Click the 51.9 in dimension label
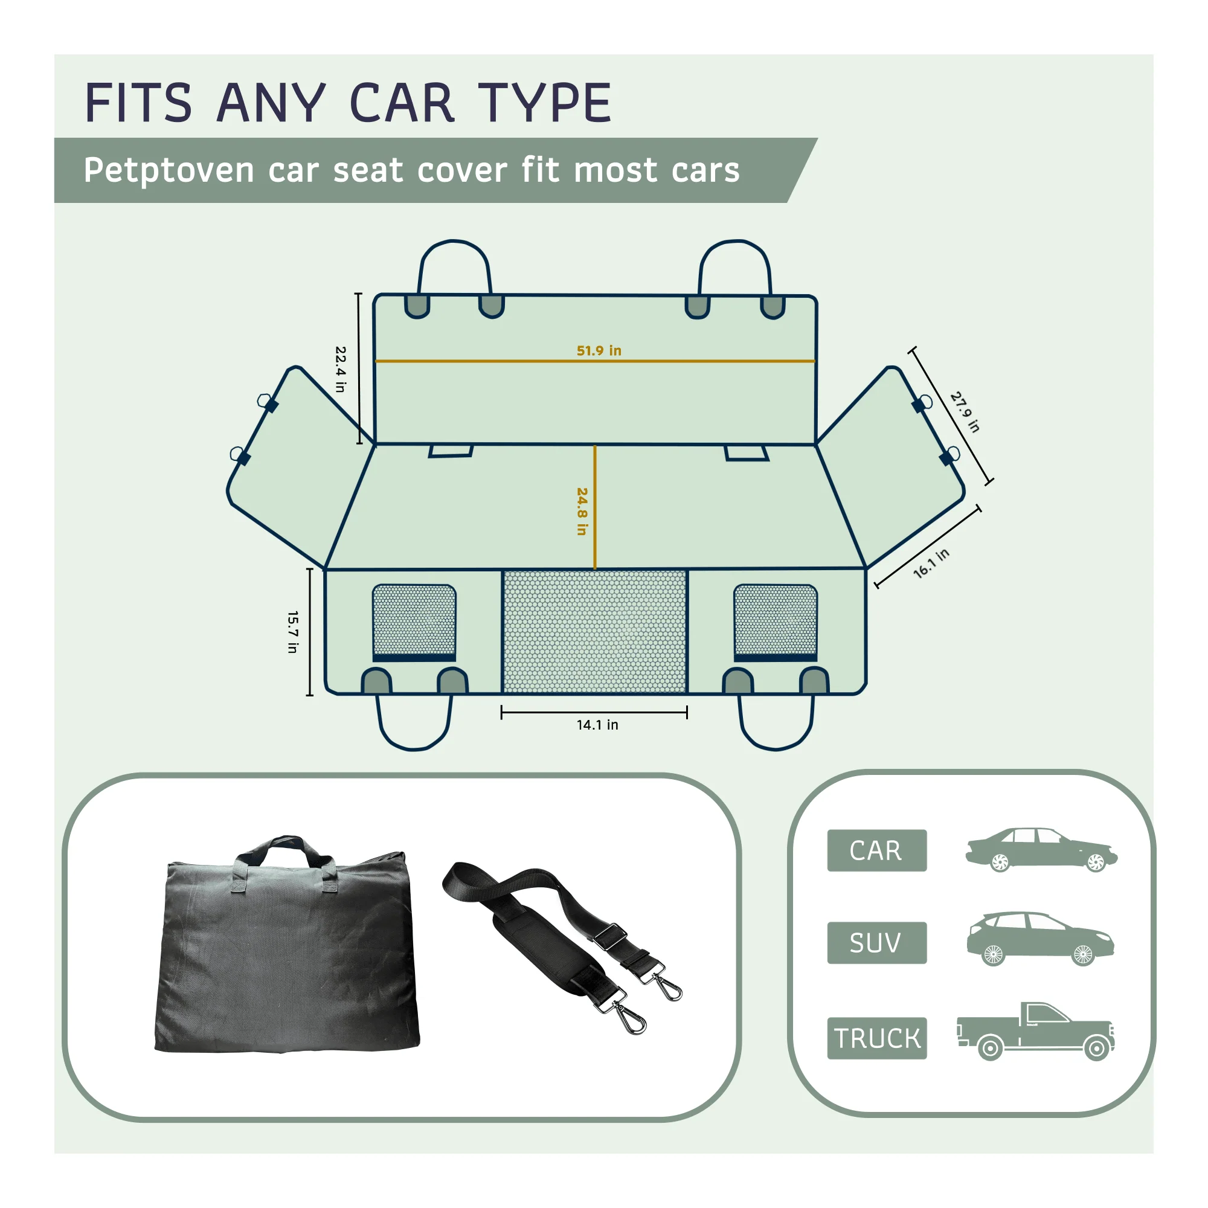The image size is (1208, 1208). pos(599,351)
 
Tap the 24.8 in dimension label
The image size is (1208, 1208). pos(582,512)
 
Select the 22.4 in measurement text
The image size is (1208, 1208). pos(340,369)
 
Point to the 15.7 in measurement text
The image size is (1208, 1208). pos(292,632)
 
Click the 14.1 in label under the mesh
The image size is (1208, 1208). pos(597,725)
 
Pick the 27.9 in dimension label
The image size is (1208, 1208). pos(965,412)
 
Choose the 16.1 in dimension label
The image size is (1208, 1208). pos(931,564)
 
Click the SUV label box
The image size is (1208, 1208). pos(876,943)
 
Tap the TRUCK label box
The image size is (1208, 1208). pos(876,1038)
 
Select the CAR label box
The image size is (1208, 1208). pos(876,850)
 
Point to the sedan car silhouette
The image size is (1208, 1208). pos(1042,850)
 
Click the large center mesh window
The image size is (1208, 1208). pos(594,632)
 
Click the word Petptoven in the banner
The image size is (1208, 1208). pos(169,171)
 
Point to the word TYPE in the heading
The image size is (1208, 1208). pos(545,103)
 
